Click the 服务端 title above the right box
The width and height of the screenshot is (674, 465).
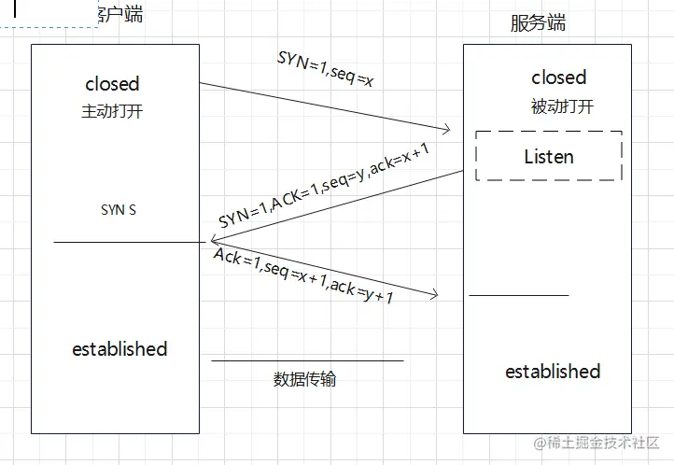538,23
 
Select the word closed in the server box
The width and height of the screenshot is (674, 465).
558,77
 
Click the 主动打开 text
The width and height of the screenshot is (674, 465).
112,111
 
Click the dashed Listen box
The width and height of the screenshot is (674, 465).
549,156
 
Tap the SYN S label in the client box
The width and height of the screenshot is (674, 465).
119,210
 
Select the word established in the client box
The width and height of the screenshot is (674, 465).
119,349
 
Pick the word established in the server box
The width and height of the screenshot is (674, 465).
553,372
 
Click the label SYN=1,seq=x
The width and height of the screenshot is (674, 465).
326,69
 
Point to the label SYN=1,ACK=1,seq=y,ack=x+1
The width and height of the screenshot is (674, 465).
324,189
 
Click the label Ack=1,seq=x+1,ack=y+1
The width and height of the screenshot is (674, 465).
303,276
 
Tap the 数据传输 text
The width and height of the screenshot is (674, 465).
305,379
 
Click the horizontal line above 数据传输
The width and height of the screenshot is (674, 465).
307,360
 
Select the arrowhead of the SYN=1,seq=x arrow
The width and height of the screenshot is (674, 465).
446,129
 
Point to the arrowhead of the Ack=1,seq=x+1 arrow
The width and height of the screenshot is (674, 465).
433,296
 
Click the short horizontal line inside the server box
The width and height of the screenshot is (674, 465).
518,295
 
